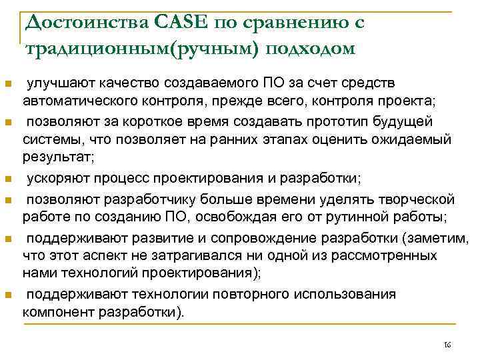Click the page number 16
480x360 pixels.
(447, 344)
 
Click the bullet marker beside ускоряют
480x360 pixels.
(7, 180)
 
